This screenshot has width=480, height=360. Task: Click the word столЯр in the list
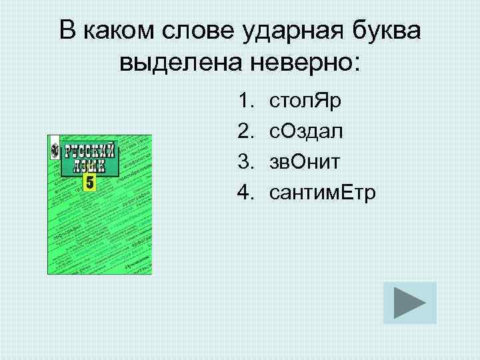[305, 102]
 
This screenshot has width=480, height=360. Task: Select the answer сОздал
[306, 132]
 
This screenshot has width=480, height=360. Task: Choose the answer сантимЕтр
[322, 193]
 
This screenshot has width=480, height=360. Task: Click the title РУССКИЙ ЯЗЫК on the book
[89, 157]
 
